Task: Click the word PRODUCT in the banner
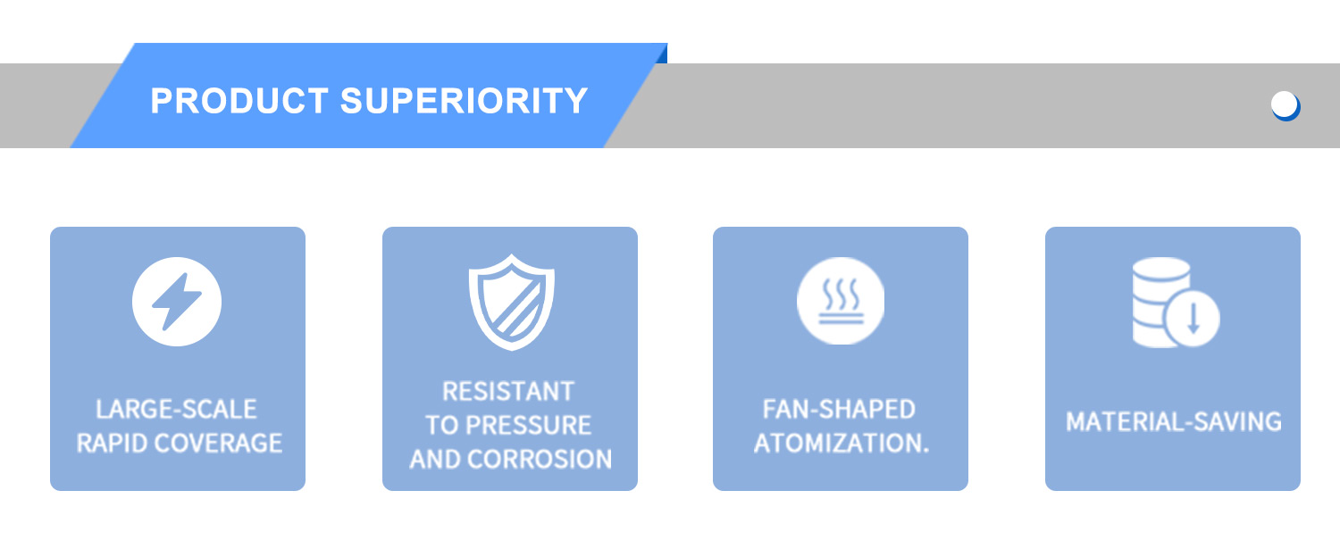tap(239, 101)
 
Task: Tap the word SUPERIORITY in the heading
tap(465, 101)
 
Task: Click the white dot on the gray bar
tap(1284, 104)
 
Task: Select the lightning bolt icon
tap(177, 302)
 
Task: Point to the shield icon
tap(512, 302)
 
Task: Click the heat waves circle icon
tap(841, 301)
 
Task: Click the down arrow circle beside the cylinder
tap(1193, 318)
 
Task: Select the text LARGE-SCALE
tap(177, 410)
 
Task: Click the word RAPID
tap(112, 443)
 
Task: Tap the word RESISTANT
tap(508, 392)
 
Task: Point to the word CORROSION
tap(540, 460)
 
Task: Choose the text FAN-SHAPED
tap(840, 410)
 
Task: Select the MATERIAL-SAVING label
tap(1174, 421)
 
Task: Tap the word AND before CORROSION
tap(435, 460)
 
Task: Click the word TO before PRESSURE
tap(442, 425)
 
